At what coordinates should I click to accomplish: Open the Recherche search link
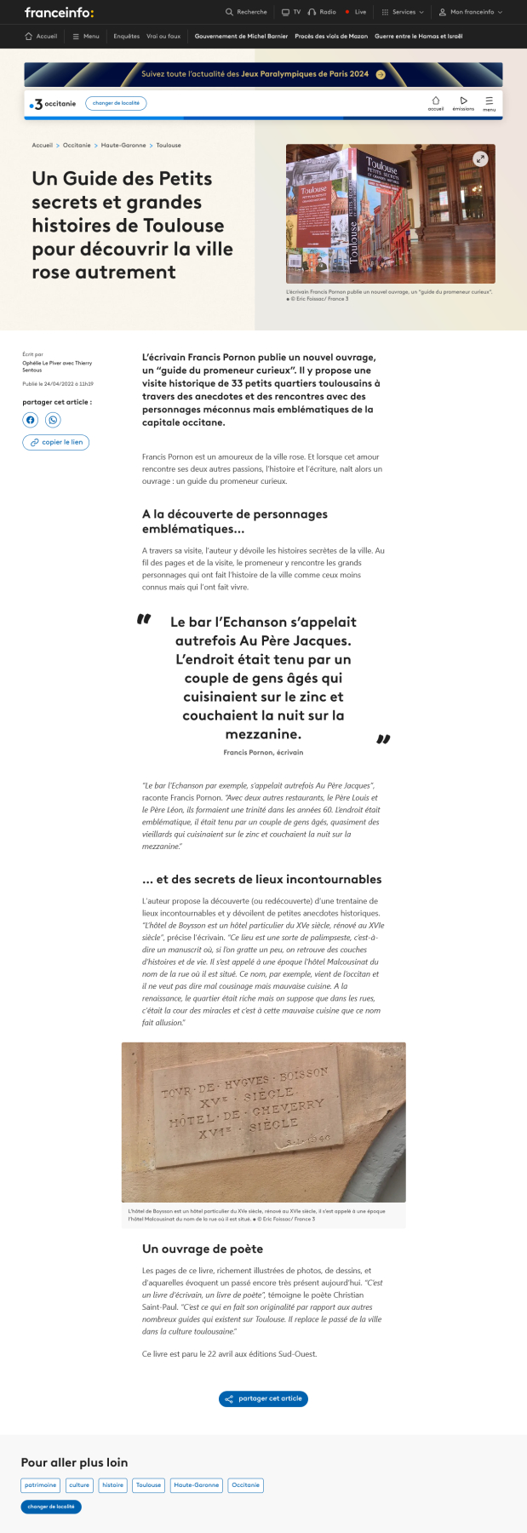[x=246, y=12]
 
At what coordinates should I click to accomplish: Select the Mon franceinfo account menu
[x=471, y=12]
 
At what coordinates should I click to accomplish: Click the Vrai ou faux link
[x=163, y=37]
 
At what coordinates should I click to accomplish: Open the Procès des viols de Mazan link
[x=331, y=37]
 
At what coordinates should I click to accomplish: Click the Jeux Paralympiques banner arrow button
[x=381, y=74]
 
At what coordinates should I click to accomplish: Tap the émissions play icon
[x=463, y=101]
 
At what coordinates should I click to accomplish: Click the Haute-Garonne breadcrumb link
[x=123, y=146]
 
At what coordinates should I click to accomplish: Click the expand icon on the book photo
[x=480, y=158]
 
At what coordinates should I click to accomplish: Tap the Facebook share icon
[x=31, y=420]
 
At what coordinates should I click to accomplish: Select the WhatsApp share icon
[x=53, y=420]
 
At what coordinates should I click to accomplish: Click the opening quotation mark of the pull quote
[x=144, y=619]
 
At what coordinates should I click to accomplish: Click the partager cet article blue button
[x=263, y=1398]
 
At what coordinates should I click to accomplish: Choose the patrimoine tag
[x=40, y=1485]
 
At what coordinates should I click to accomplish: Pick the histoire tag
[x=112, y=1485]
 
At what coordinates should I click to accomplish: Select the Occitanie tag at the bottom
[x=245, y=1485]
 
